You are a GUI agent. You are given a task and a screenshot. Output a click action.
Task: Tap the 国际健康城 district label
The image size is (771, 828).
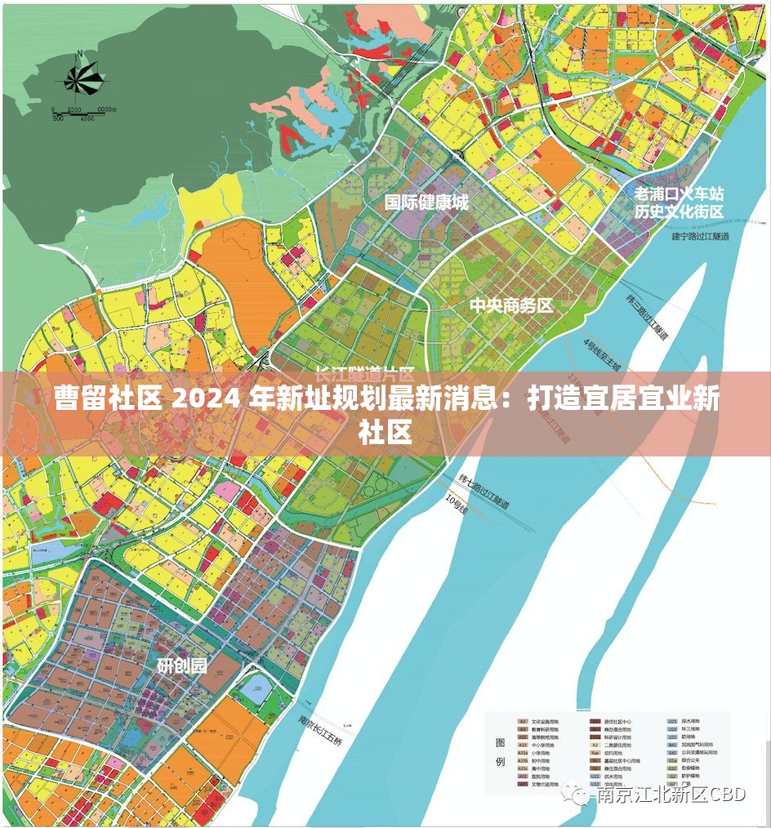426,203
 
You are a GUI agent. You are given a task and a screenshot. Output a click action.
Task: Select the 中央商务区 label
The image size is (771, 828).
511,306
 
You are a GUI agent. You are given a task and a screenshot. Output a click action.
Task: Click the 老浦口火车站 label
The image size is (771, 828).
680,194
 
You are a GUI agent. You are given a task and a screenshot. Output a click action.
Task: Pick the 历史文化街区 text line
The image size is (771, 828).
680,211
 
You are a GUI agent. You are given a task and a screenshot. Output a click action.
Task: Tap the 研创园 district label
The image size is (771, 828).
181,666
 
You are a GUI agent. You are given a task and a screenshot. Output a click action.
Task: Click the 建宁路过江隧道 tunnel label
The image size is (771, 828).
700,237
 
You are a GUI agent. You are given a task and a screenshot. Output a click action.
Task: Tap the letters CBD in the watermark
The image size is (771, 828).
727,795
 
